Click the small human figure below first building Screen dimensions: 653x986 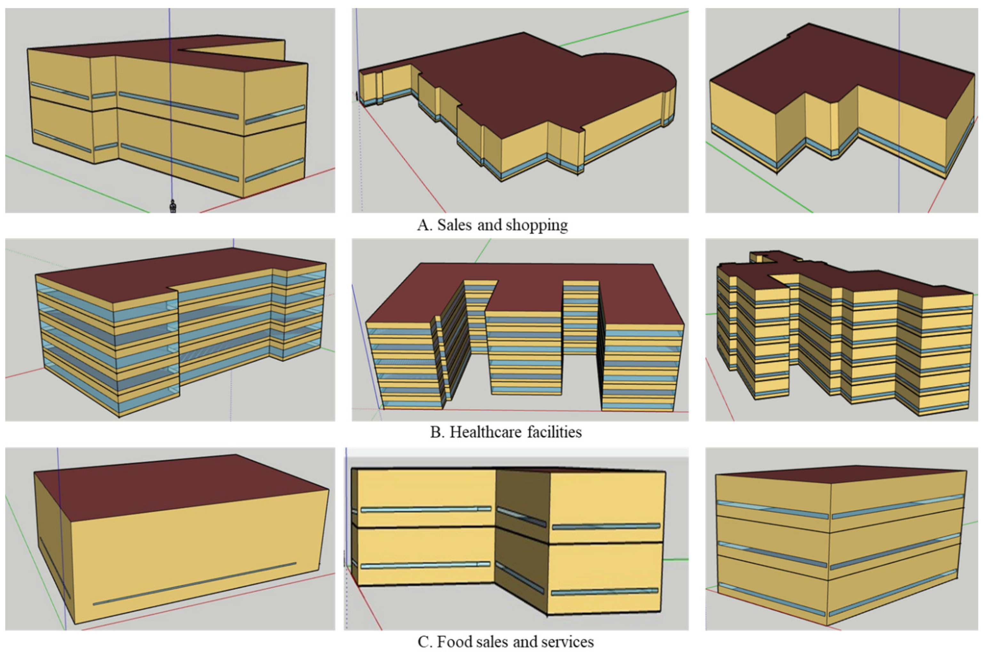click(x=172, y=206)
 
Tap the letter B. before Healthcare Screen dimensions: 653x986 click(x=437, y=432)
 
